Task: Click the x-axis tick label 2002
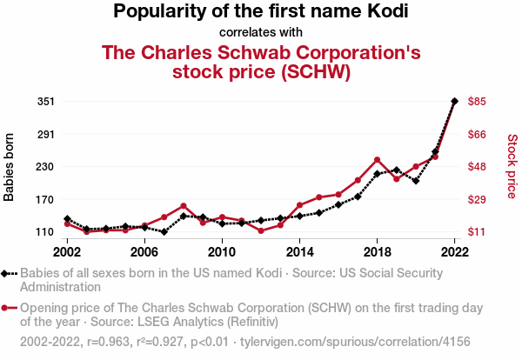point(67,251)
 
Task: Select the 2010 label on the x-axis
point(222,251)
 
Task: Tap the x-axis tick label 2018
point(377,251)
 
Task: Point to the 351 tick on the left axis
point(46,101)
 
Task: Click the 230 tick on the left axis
point(46,166)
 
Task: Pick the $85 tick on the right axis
point(477,101)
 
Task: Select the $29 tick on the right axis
point(477,199)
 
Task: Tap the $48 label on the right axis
point(477,166)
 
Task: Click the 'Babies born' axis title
point(10,167)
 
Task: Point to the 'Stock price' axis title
point(512,165)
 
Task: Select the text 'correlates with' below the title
point(261,32)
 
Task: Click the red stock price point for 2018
point(377,160)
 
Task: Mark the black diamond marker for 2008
point(184,216)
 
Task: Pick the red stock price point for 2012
point(261,230)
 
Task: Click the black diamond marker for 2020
point(416,181)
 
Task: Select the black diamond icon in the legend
point(7,273)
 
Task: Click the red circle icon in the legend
point(7,308)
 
